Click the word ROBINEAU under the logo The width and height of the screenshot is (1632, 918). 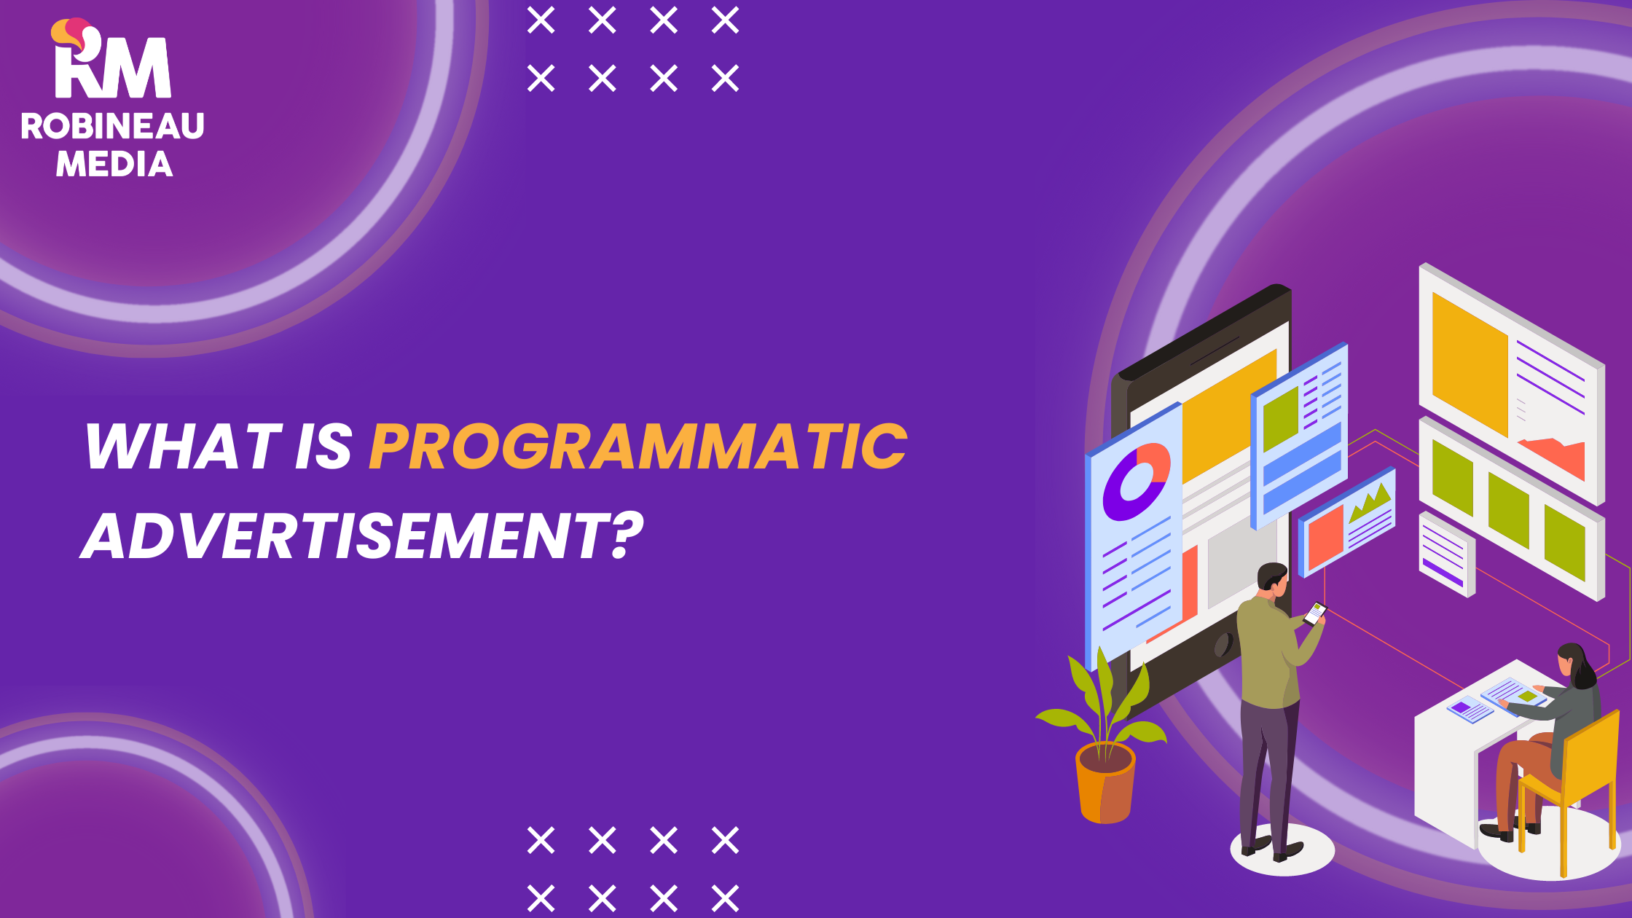point(112,126)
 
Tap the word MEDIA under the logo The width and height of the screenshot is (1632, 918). point(114,164)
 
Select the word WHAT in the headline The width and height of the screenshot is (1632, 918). point(183,447)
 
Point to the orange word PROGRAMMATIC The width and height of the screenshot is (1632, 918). point(638,447)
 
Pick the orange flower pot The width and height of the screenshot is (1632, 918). point(1105,783)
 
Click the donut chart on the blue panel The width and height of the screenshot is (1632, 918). point(1135,482)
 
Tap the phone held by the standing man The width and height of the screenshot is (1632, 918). point(1315,613)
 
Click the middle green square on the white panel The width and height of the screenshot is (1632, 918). point(1508,509)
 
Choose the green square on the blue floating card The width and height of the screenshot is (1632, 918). point(1281,419)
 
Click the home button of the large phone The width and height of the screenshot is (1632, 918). point(1223,644)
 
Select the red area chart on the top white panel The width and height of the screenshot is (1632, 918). point(1555,456)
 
